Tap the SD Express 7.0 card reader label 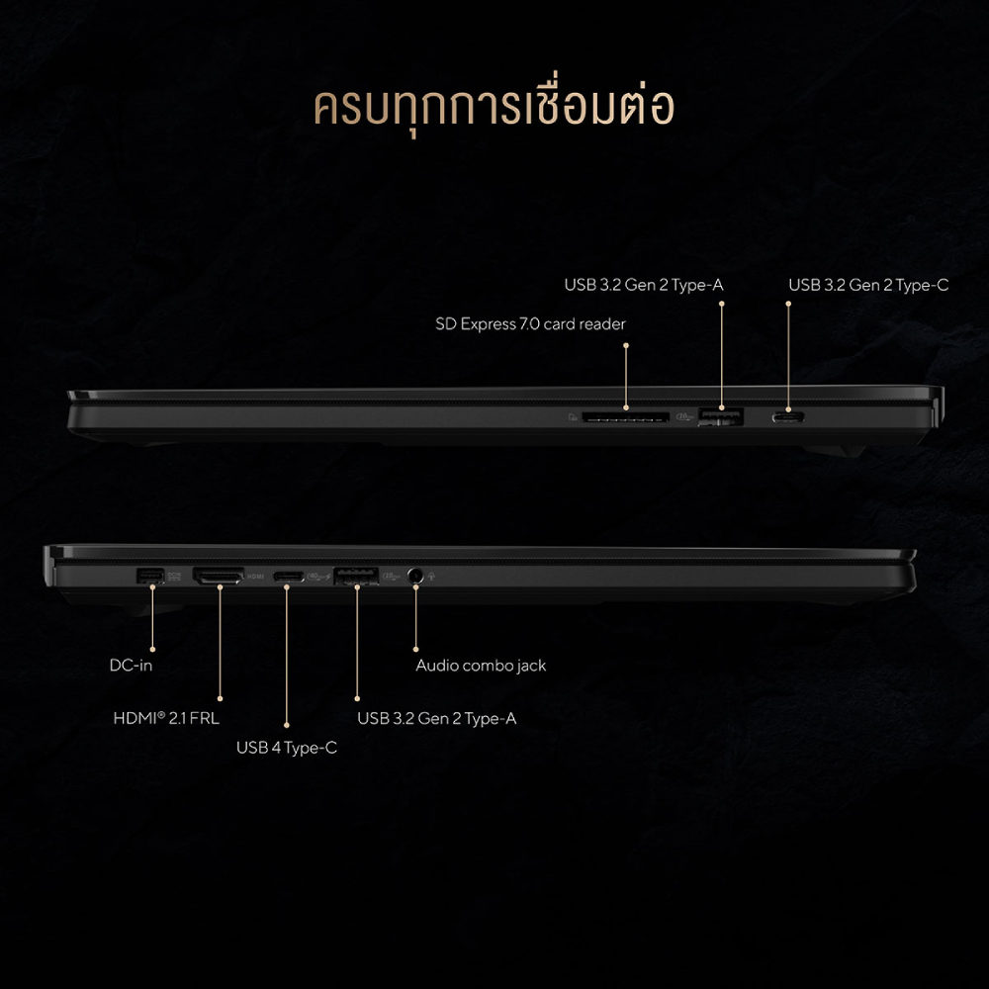click(530, 324)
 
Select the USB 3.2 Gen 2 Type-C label click(868, 286)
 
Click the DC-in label click(132, 666)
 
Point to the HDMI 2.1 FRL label click(166, 718)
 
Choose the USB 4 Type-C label click(287, 748)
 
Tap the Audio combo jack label click(481, 666)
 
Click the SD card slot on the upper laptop click(625, 417)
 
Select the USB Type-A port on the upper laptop click(720, 417)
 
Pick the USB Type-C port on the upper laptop click(788, 417)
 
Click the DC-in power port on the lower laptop click(150, 576)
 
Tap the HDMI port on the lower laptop click(219, 576)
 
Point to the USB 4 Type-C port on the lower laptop click(288, 577)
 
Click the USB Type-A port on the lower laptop click(356, 577)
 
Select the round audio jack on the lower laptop click(415, 576)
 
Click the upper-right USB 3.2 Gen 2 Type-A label click(644, 286)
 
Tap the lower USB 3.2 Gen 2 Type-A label click(436, 718)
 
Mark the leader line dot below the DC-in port click(152, 649)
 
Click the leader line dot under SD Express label click(626, 345)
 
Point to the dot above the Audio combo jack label click(415, 649)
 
